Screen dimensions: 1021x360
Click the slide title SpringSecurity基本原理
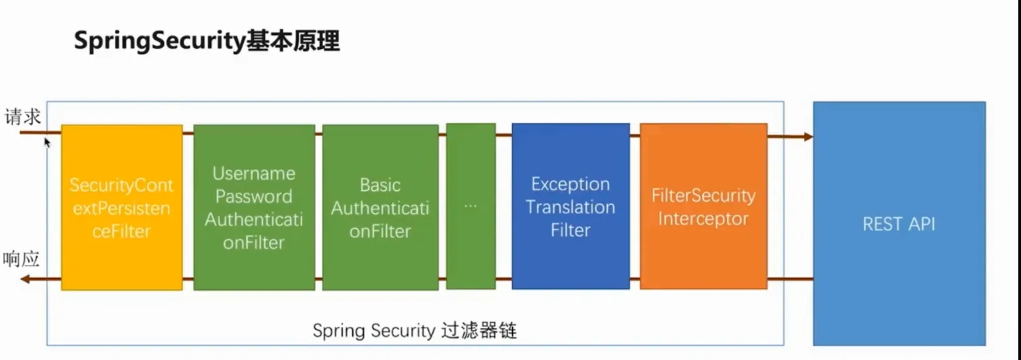tap(207, 42)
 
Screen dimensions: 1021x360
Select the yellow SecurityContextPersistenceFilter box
tap(122, 207)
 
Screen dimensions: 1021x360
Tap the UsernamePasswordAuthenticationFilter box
tap(254, 207)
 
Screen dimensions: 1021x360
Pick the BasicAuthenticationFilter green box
tap(380, 207)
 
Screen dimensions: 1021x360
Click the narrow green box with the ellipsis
tap(471, 206)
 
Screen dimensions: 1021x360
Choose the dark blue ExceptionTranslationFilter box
tap(571, 206)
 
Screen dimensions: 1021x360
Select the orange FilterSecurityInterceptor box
tap(703, 206)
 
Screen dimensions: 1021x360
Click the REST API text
tap(899, 224)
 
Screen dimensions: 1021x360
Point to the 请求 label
tap(22, 117)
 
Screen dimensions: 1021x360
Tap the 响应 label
tap(21, 260)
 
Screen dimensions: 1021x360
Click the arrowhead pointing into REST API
tap(808, 136)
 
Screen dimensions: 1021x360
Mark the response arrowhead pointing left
tap(26, 279)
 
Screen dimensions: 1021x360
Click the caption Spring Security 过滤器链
tap(415, 330)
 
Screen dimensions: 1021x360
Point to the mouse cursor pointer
tap(47, 143)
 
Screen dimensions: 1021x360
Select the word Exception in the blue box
tap(570, 184)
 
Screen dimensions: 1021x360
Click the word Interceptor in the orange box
tap(703, 219)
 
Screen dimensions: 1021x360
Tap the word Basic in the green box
tap(380, 185)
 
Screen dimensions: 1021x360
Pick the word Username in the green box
tap(254, 173)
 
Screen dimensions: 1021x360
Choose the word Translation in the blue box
tap(570, 207)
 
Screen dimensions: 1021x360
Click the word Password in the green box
tap(254, 196)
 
